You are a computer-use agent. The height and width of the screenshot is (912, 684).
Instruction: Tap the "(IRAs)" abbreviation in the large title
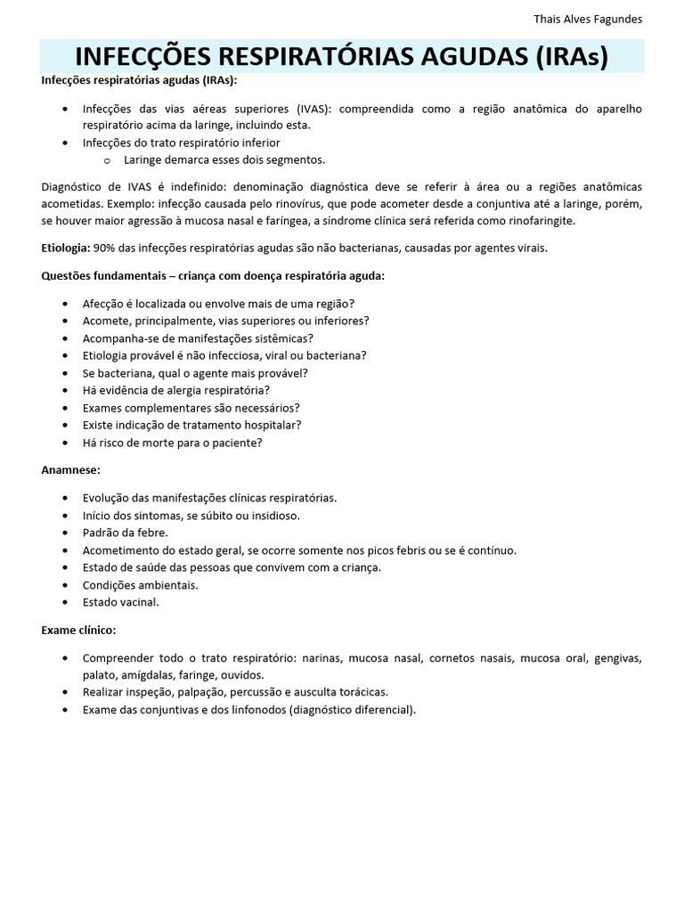[x=573, y=57]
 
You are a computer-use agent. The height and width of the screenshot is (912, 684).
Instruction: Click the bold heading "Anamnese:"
[x=70, y=468]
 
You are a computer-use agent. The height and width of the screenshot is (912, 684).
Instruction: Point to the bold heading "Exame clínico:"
[x=78, y=630]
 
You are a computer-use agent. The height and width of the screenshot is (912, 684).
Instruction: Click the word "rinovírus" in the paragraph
[x=269, y=204]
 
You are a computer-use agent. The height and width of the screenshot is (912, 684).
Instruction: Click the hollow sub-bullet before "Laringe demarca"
[x=107, y=160]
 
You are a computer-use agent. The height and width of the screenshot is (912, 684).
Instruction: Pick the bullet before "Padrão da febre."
[x=66, y=533]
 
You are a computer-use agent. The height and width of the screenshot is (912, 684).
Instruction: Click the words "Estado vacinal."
[x=120, y=602]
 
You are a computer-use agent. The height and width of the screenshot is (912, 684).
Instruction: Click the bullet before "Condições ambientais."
[x=66, y=585]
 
